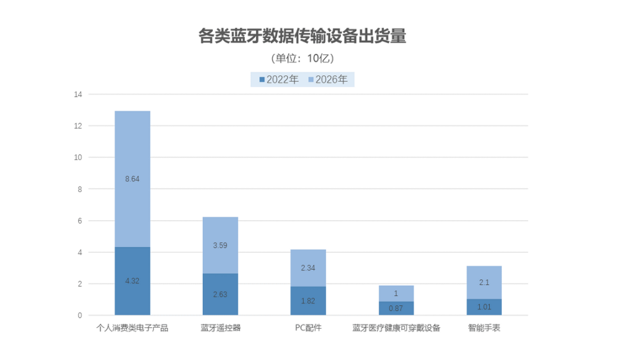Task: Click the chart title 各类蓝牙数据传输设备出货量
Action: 302,37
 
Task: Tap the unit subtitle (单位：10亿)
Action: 302,59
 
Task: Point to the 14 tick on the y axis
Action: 78,95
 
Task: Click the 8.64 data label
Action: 132,178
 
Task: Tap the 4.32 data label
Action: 132,281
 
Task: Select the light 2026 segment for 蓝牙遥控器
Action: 220,245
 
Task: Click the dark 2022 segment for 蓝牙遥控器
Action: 220,294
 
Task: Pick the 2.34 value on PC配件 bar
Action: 308,268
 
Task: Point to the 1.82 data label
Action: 308,301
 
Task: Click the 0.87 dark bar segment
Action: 396,308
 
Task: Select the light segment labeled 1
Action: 396,294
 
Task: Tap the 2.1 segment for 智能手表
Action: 484,282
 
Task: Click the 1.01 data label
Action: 484,307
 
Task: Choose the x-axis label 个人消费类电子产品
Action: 132,328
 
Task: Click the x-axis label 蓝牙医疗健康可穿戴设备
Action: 396,328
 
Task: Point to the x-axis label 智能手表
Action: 484,328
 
